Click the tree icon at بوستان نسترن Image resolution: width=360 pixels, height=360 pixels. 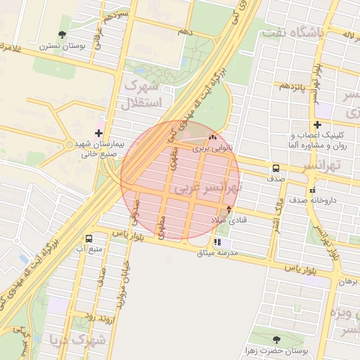(x=63, y=34)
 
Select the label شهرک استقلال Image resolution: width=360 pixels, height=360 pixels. (x=143, y=94)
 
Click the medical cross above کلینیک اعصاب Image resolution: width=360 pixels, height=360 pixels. (x=318, y=124)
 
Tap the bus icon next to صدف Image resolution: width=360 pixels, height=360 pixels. (x=275, y=169)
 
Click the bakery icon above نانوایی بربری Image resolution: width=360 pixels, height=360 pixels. (x=212, y=138)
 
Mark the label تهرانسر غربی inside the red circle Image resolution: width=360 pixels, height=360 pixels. (x=208, y=189)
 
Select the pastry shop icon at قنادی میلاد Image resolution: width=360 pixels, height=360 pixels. (x=228, y=210)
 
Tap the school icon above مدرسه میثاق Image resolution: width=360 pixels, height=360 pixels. (x=217, y=242)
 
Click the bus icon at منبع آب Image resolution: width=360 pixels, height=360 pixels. (x=89, y=238)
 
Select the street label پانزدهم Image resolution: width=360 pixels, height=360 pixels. (x=293, y=86)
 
